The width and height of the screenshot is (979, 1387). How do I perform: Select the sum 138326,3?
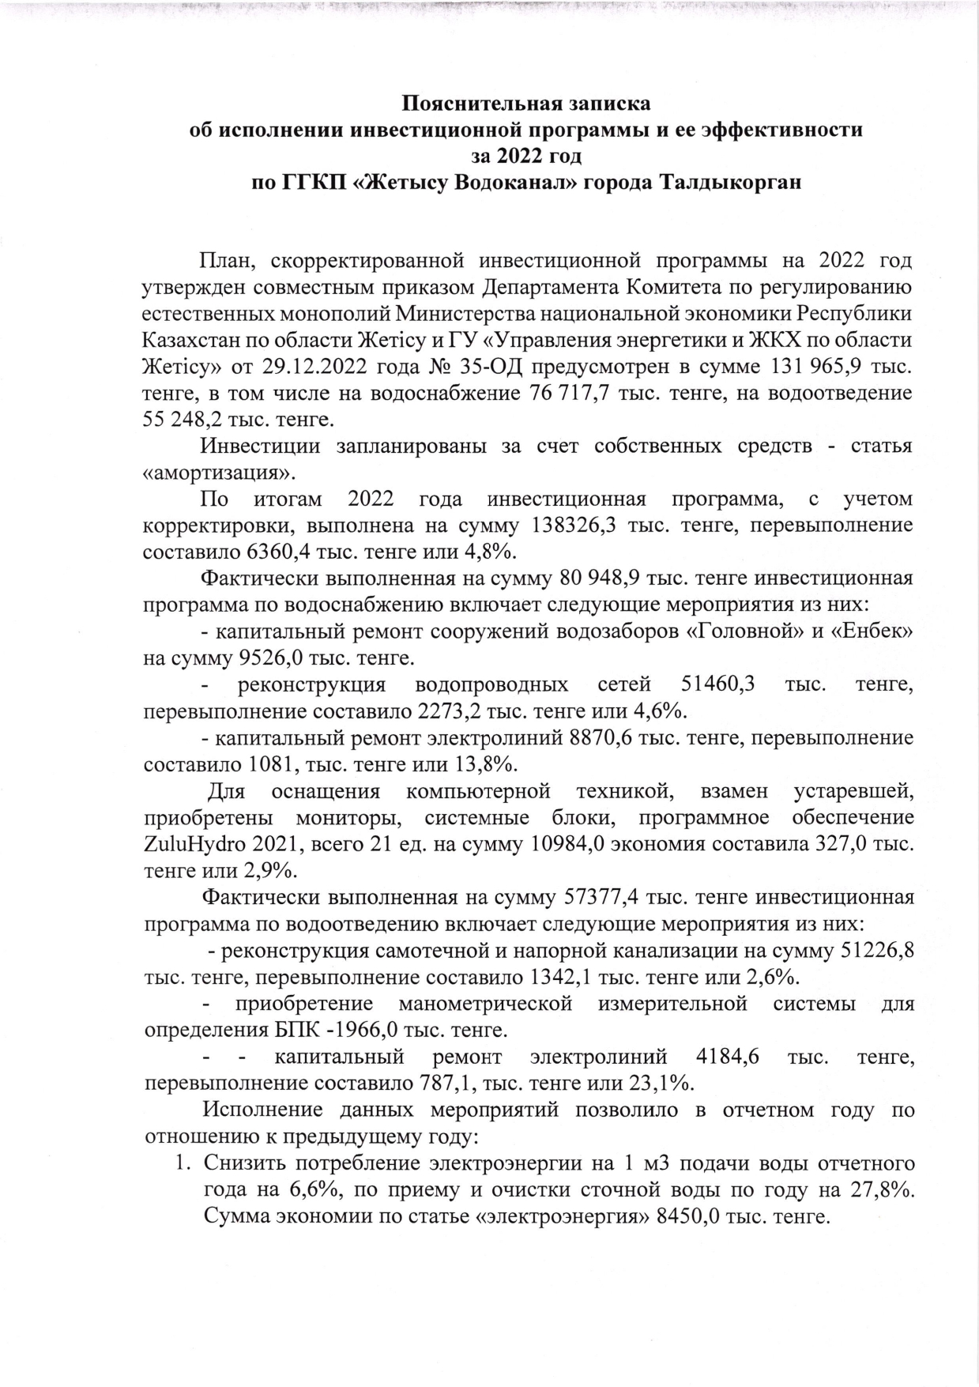point(576,526)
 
